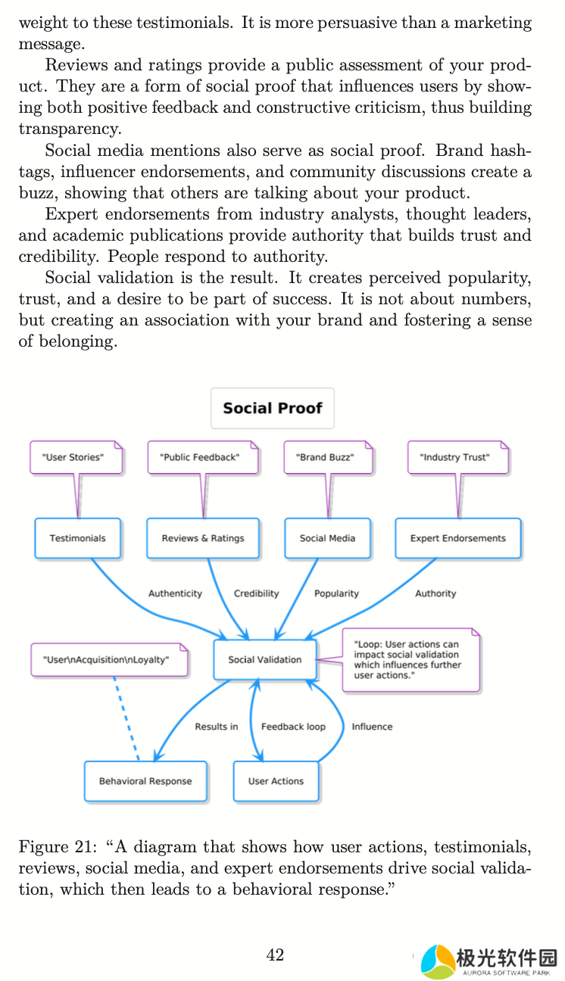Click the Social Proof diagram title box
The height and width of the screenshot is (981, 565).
tap(272, 408)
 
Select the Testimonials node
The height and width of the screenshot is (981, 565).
tap(77, 538)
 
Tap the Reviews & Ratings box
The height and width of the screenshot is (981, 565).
tap(203, 538)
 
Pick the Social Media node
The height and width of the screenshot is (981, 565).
tap(327, 538)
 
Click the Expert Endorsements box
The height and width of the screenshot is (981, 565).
tap(457, 538)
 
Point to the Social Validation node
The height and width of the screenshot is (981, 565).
tap(264, 659)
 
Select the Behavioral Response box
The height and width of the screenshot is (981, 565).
tap(145, 781)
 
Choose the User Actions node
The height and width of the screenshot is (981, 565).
tap(276, 781)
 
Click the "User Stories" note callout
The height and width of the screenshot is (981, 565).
tap(76, 457)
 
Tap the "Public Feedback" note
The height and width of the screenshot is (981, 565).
tap(202, 457)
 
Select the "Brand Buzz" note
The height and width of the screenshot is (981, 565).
tap(328, 457)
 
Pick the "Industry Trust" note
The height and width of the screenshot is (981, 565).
tap(457, 457)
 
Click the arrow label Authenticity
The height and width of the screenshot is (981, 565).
tap(175, 593)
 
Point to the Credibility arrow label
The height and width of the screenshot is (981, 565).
tap(256, 593)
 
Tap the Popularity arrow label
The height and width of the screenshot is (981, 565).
tap(336, 593)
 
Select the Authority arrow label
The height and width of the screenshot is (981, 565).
tap(435, 593)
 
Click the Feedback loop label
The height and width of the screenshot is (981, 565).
tap(293, 727)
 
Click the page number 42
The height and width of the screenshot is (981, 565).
tap(275, 955)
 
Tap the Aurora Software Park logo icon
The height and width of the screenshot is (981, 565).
tap(437, 961)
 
